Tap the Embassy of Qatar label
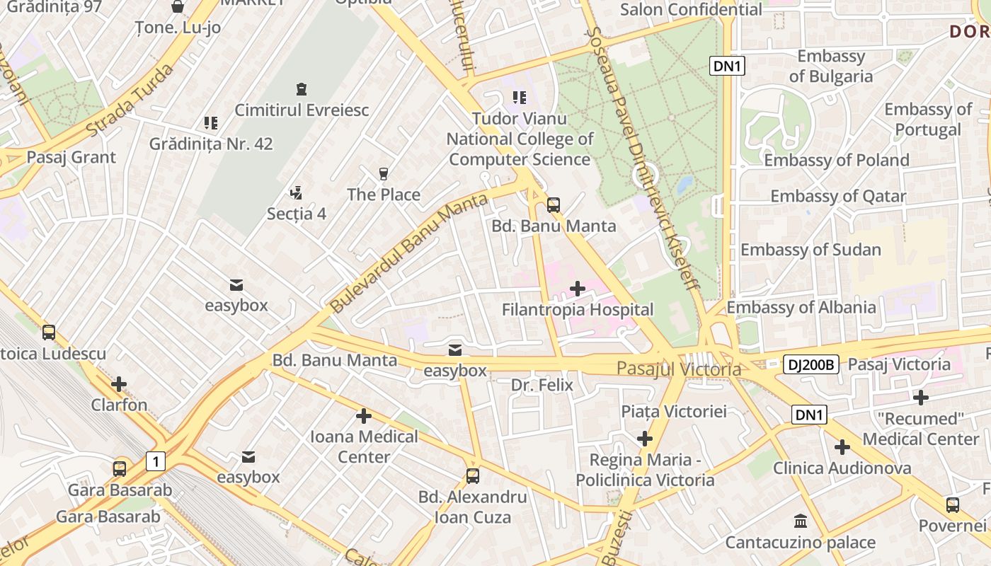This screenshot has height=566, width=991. coord(838,196)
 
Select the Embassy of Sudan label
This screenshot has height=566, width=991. coord(810,250)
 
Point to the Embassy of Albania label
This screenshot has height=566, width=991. coord(801,307)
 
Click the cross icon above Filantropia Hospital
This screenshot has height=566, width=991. coord(578,288)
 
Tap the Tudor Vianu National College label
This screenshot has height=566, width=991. coord(520,139)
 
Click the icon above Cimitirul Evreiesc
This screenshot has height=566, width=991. coord(302,89)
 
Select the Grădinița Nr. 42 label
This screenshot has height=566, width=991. coord(211,144)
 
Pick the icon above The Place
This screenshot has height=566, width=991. coord(384,173)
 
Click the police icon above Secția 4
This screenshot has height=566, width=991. coord(297,192)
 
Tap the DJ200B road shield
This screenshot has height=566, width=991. coord(811,365)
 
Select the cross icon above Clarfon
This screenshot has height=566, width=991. coord(119,384)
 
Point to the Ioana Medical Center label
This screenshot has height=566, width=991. coord(364,446)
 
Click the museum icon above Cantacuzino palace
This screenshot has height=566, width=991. coord(801,521)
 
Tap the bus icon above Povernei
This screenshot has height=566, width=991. coord(953,505)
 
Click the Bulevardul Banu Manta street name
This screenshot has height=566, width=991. coord(409,253)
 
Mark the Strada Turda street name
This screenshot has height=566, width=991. coord(130,100)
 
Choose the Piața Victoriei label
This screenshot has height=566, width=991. coord(674,411)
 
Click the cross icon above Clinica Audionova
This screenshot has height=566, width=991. coord(842,447)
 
